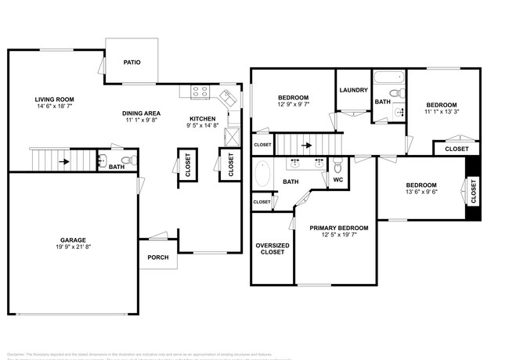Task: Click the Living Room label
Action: tap(53, 99)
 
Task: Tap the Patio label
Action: tap(132, 62)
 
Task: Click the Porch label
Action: tap(158, 257)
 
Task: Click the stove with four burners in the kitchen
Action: tap(200, 92)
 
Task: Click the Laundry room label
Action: tap(353, 90)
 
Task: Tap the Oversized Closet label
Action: tap(272, 250)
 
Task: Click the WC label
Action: tap(338, 180)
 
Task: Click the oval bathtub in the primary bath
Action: tap(262, 175)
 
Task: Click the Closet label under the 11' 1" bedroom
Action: tap(457, 149)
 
